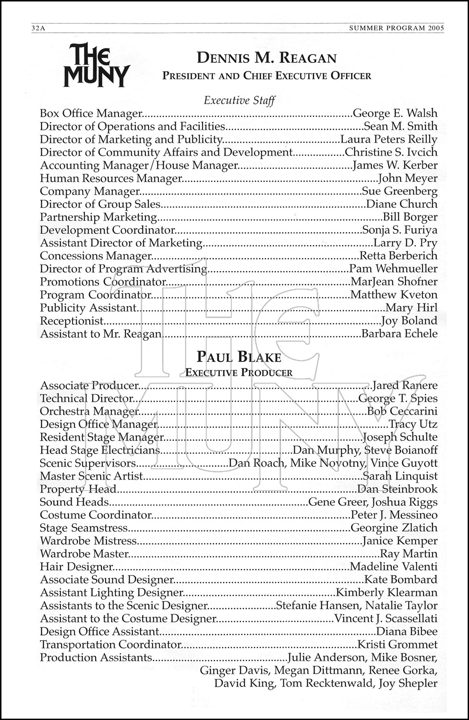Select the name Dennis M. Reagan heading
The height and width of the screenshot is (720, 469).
(x=266, y=59)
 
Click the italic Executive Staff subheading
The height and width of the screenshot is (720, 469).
(x=239, y=100)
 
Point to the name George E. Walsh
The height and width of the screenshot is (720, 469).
(x=395, y=114)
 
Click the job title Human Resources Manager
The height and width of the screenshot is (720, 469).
(x=111, y=179)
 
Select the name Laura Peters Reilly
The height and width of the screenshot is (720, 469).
(x=388, y=140)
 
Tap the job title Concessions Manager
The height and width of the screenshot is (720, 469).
(x=96, y=256)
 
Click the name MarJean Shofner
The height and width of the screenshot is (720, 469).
(x=394, y=282)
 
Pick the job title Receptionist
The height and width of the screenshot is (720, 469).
(x=72, y=321)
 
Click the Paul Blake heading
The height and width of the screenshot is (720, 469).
(x=239, y=358)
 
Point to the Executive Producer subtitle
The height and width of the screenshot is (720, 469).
(x=239, y=372)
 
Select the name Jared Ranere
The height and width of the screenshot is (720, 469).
(x=405, y=386)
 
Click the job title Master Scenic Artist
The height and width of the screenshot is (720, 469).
(x=91, y=477)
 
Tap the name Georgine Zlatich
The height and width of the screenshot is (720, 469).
(x=394, y=528)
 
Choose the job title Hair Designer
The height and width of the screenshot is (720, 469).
(x=76, y=567)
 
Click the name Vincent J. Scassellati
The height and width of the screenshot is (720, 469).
(x=385, y=619)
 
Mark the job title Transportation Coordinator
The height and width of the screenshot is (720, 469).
(x=110, y=645)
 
